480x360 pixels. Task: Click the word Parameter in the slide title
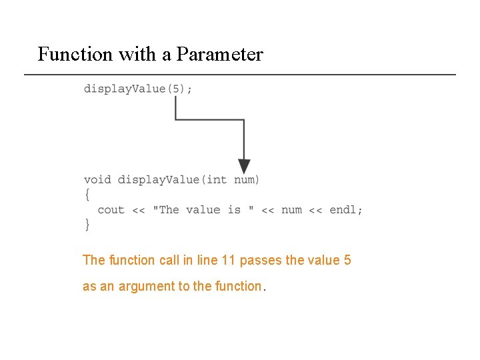coord(219,54)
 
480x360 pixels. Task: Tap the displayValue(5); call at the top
coord(138,89)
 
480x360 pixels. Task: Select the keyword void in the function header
coord(97,179)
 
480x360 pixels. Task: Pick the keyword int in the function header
coord(217,179)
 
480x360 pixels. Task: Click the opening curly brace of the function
coord(87,194)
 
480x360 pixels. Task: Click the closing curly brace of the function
coord(87,225)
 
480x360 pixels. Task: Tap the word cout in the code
coord(111,209)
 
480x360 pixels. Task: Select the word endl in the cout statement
coord(343,209)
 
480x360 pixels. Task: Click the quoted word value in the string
coord(203,209)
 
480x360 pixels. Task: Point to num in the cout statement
coord(291,209)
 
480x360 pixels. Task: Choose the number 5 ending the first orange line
coord(347,260)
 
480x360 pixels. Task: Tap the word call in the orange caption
coord(169,260)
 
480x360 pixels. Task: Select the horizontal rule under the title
coord(240,74)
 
